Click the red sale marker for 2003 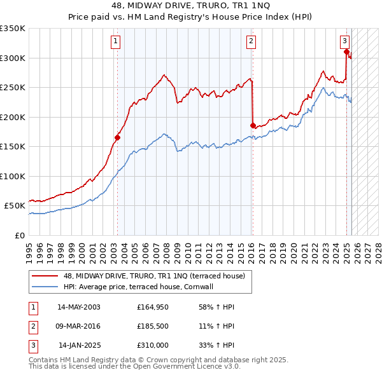click(117, 137)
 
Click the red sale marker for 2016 click(253, 125)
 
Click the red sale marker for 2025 click(346, 52)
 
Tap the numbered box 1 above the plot click(116, 41)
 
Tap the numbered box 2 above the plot click(251, 41)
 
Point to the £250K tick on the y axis click(14, 88)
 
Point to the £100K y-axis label click(14, 176)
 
